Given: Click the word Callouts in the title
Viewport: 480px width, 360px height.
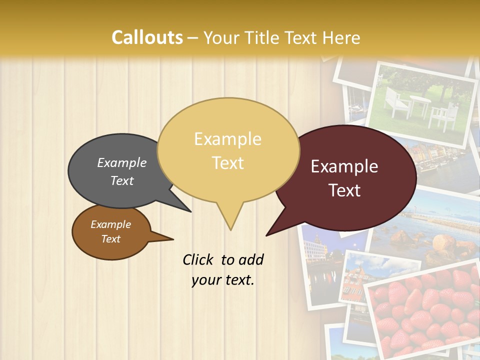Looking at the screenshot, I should [147, 37].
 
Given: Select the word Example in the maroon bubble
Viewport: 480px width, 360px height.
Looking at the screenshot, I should [344, 166].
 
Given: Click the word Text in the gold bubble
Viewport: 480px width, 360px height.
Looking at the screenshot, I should [228, 163].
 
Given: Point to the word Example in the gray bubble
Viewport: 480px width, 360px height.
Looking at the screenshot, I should [122, 162].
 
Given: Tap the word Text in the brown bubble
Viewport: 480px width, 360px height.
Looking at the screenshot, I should [111, 239].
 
